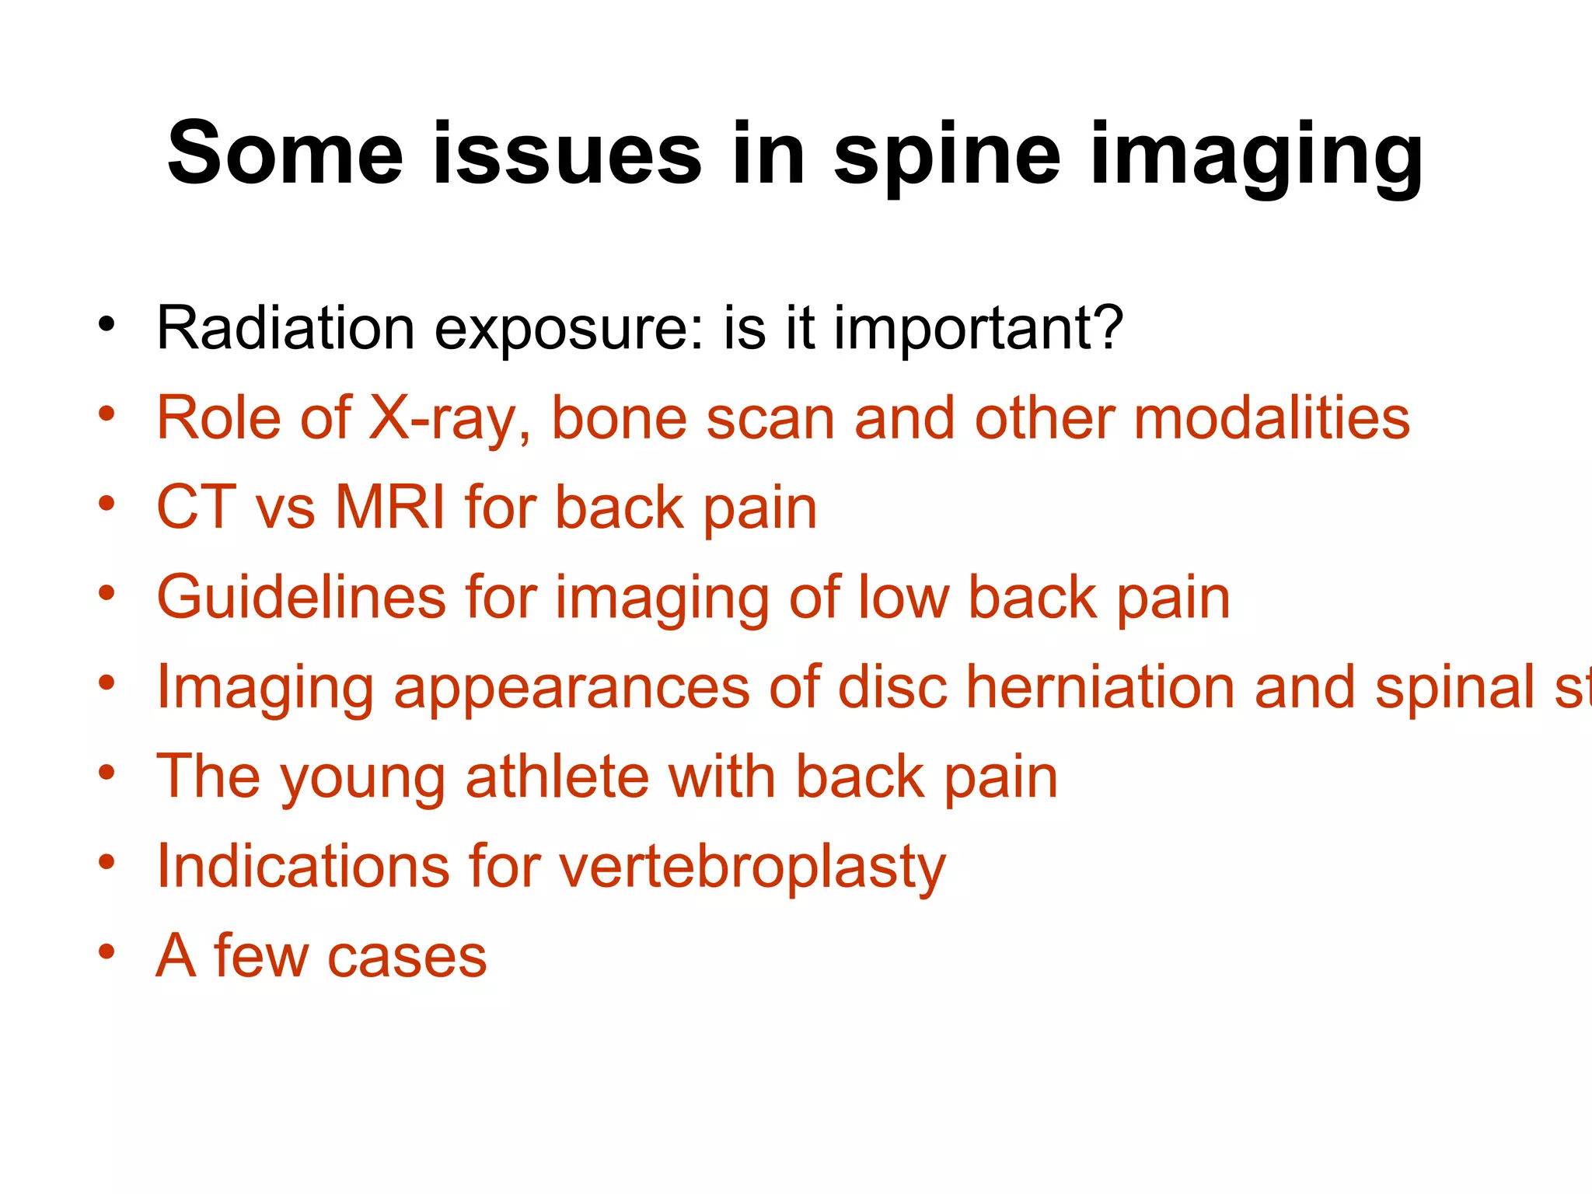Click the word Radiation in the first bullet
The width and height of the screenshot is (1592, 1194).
285,328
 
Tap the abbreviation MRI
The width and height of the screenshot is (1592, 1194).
390,508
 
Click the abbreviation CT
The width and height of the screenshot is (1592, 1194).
196,508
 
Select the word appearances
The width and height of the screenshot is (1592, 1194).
571,687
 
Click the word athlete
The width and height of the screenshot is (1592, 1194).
557,777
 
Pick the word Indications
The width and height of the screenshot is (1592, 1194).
302,866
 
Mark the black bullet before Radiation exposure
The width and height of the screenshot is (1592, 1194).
106,323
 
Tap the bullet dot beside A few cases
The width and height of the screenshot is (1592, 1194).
106,951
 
